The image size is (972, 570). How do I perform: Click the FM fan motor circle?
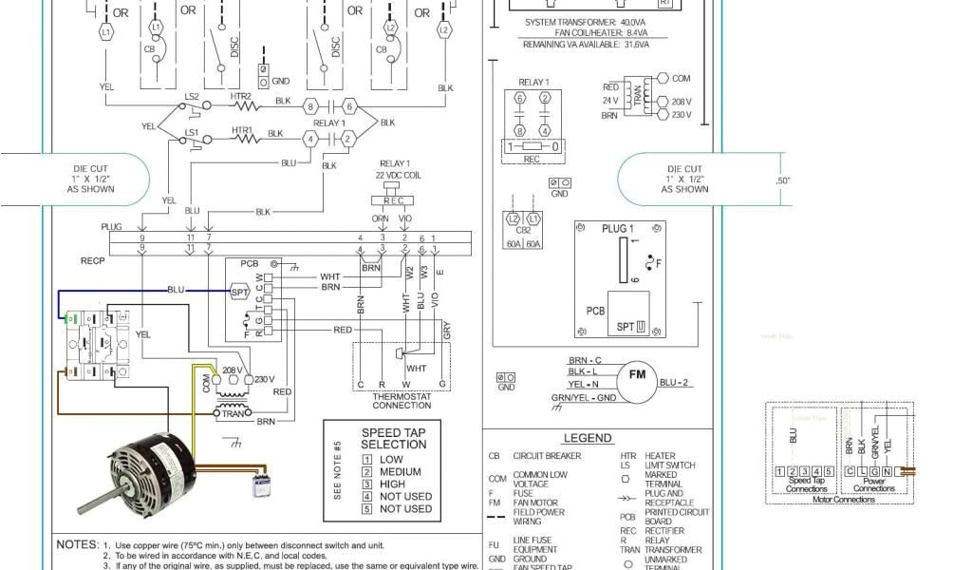tap(636, 376)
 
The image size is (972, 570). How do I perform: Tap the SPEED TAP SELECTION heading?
tap(394, 439)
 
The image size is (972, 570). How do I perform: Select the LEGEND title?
tap(588, 438)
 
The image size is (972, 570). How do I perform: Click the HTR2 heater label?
tap(241, 96)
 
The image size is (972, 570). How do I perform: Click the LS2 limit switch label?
tap(191, 97)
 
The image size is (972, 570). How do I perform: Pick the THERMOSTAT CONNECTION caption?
tap(402, 400)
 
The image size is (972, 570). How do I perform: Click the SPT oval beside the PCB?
tap(240, 293)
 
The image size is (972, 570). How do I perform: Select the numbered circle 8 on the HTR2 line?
tap(309, 106)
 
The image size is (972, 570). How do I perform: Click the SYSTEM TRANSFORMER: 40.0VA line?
tap(584, 22)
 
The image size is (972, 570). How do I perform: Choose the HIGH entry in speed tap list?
tap(392, 484)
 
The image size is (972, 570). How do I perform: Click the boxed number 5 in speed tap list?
tap(366, 508)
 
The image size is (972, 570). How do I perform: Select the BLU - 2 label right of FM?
tap(673, 382)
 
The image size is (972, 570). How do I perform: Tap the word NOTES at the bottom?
tap(77, 544)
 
